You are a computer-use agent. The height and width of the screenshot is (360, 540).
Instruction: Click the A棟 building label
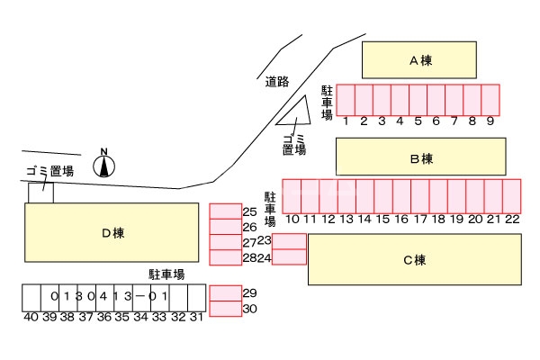(418, 61)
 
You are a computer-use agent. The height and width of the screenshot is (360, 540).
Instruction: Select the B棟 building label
(421, 158)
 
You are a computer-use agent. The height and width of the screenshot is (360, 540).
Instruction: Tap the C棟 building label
(414, 260)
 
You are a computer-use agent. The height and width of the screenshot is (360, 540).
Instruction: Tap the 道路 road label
(277, 82)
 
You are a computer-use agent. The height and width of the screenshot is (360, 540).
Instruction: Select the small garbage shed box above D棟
(40, 192)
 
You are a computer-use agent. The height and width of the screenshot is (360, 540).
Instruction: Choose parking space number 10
(292, 195)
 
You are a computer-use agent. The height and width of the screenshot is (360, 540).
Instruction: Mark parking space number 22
(512, 195)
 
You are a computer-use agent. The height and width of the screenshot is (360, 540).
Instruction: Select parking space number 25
(225, 211)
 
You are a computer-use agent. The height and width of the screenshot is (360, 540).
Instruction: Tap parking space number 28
(225, 257)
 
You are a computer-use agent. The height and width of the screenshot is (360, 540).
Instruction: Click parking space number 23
(289, 240)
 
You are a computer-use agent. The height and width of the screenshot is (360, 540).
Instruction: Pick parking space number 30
(225, 309)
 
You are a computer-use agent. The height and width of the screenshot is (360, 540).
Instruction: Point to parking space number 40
(31, 297)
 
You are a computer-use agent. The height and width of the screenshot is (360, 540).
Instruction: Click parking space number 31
(195, 297)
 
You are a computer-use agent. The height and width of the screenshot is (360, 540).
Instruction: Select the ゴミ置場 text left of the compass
(49, 171)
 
